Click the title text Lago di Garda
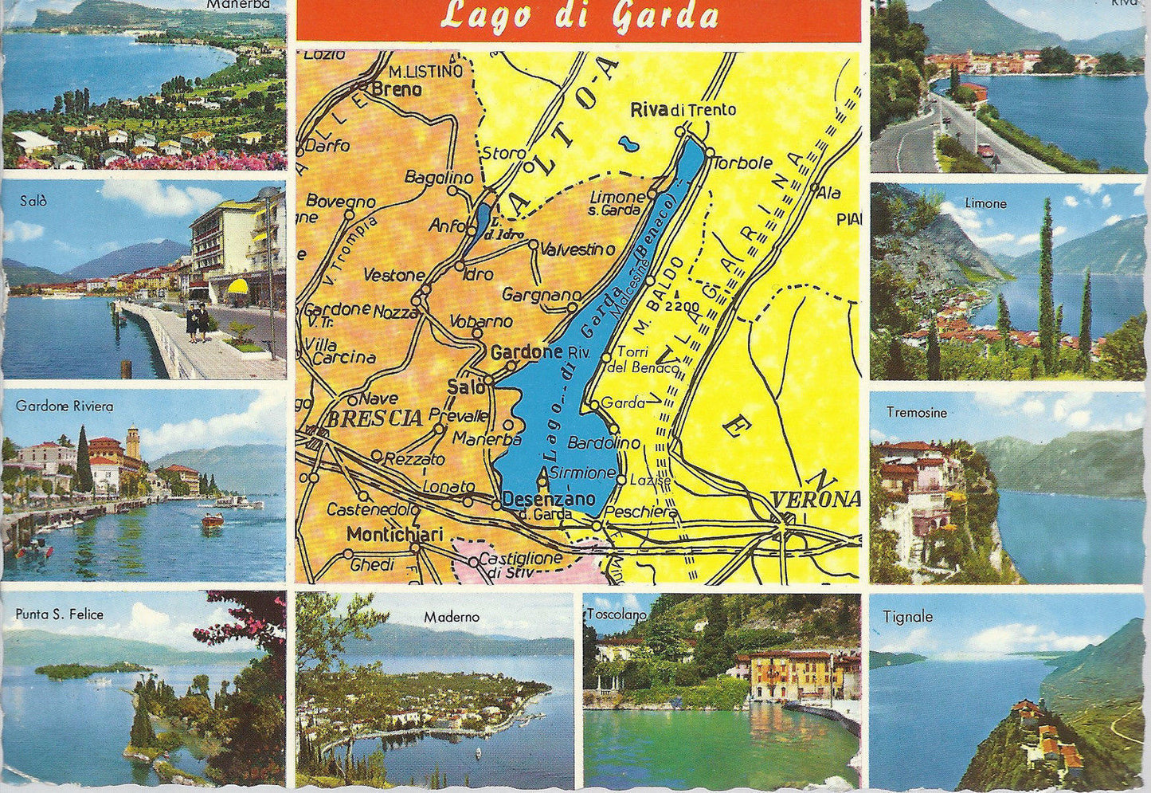tap(579, 16)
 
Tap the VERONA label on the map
tap(816, 499)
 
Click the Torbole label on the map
tap(743, 163)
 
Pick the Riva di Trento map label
tap(683, 110)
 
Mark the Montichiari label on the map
tap(394, 535)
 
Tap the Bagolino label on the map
tap(439, 177)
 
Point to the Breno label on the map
tap(397, 90)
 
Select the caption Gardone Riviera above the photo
tap(65, 406)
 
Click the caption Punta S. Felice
tap(59, 614)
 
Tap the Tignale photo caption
tap(907, 616)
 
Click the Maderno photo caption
tap(452, 616)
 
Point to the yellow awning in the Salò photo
tap(237, 286)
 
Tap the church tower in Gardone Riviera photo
tap(133, 442)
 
